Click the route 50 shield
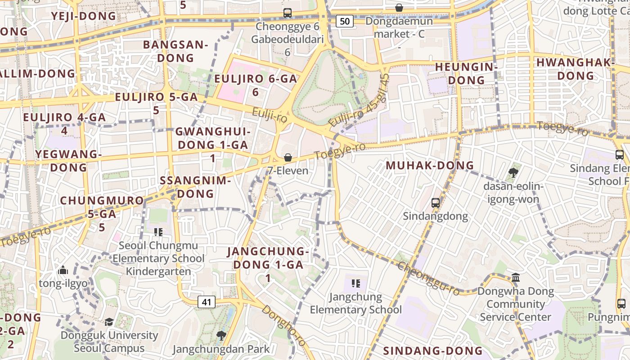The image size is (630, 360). coord(344,21)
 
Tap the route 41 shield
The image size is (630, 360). coord(207,302)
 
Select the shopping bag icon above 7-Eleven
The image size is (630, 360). coord(288,157)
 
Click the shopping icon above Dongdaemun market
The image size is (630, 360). coord(399,8)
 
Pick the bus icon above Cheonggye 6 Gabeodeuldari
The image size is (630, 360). coord(288,13)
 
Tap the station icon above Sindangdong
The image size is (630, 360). coord(435,203)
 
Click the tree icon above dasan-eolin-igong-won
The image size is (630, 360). coord(513,172)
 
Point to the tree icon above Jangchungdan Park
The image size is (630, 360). coord(221,335)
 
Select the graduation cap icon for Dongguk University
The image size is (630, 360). coord(109,322)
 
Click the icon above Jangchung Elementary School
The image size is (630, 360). coord(355,283)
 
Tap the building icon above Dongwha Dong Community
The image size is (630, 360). coord(516,277)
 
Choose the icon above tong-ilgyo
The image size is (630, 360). coord(63,270)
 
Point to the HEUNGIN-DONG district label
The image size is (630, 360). coord(466,74)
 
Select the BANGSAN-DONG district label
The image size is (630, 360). coord(175,51)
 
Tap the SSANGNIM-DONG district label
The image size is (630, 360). coord(195,187)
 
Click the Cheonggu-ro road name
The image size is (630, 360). coord(429,279)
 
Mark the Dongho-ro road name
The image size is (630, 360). coord(284,326)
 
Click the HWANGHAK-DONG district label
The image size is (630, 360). coord(576,69)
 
